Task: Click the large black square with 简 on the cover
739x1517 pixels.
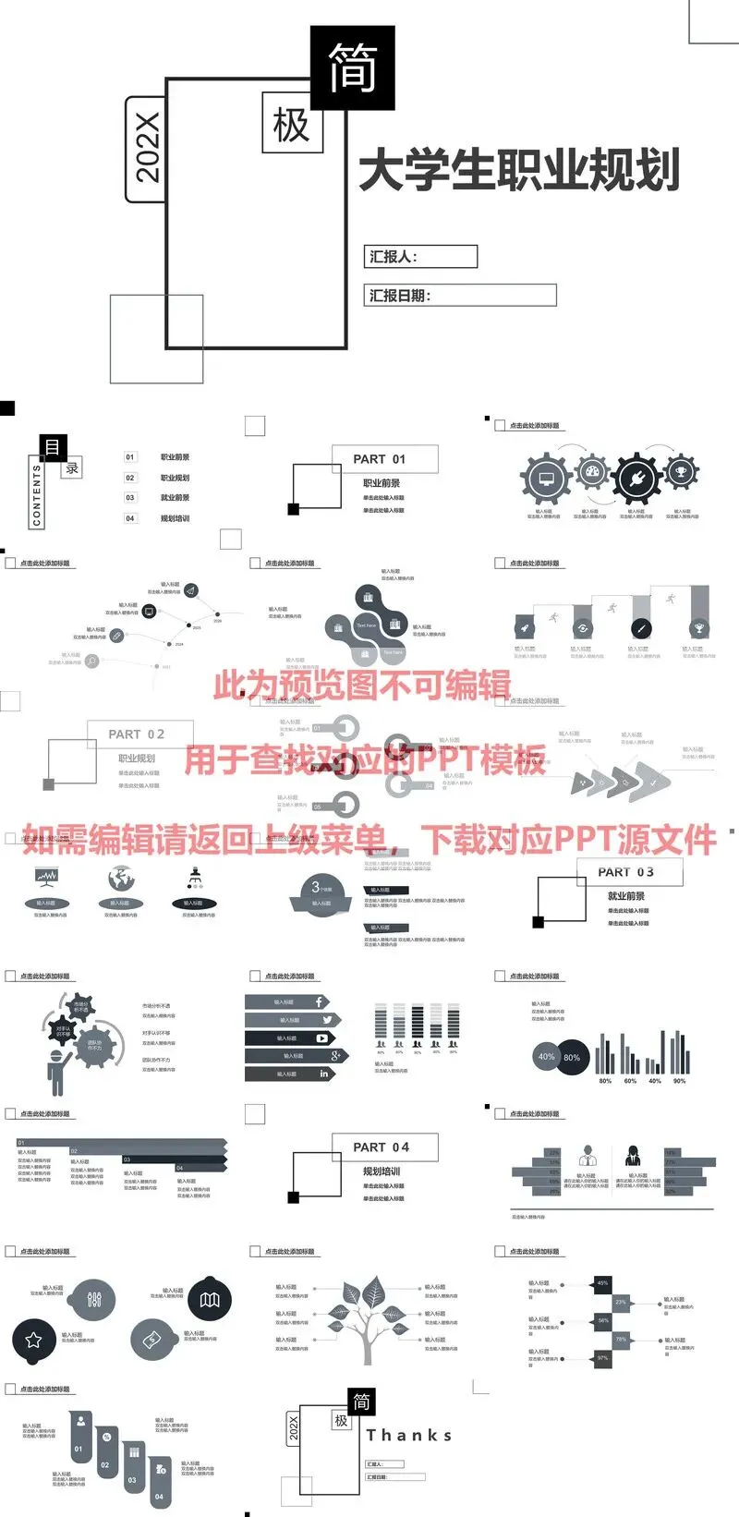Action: pos(352,67)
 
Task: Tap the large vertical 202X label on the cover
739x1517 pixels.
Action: pos(146,148)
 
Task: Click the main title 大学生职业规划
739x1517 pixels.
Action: pos(519,170)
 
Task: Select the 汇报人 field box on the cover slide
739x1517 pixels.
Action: pos(421,257)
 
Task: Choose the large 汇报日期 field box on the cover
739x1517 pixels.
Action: pos(462,296)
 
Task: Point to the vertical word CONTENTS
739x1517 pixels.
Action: pos(37,495)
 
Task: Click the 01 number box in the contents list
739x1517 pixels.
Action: pos(130,457)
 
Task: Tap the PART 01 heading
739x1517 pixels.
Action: pos(380,459)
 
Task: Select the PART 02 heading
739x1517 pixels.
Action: pos(137,734)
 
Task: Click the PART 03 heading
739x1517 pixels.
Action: pos(625,872)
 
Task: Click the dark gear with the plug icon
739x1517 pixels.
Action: pos(636,479)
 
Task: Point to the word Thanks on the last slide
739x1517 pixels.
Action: pos(409,1436)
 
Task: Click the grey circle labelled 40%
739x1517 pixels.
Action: pos(547,1057)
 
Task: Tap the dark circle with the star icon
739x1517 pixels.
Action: pos(34,1340)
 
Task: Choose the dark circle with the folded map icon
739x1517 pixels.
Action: pos(210,1301)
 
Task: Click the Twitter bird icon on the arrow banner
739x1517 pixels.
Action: pos(327,1020)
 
